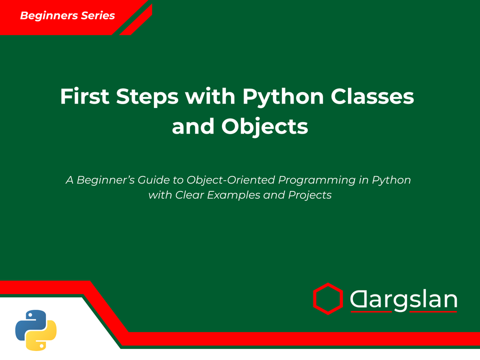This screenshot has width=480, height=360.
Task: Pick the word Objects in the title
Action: coord(264,126)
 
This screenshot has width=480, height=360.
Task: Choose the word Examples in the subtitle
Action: coord(234,195)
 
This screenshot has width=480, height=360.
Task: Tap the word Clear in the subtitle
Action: coord(188,195)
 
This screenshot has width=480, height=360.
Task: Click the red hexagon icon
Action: coord(328,298)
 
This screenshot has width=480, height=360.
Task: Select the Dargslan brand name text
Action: coord(403,300)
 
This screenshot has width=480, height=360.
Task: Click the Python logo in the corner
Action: coord(36,329)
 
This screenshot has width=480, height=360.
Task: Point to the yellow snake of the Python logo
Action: coord(44,337)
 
